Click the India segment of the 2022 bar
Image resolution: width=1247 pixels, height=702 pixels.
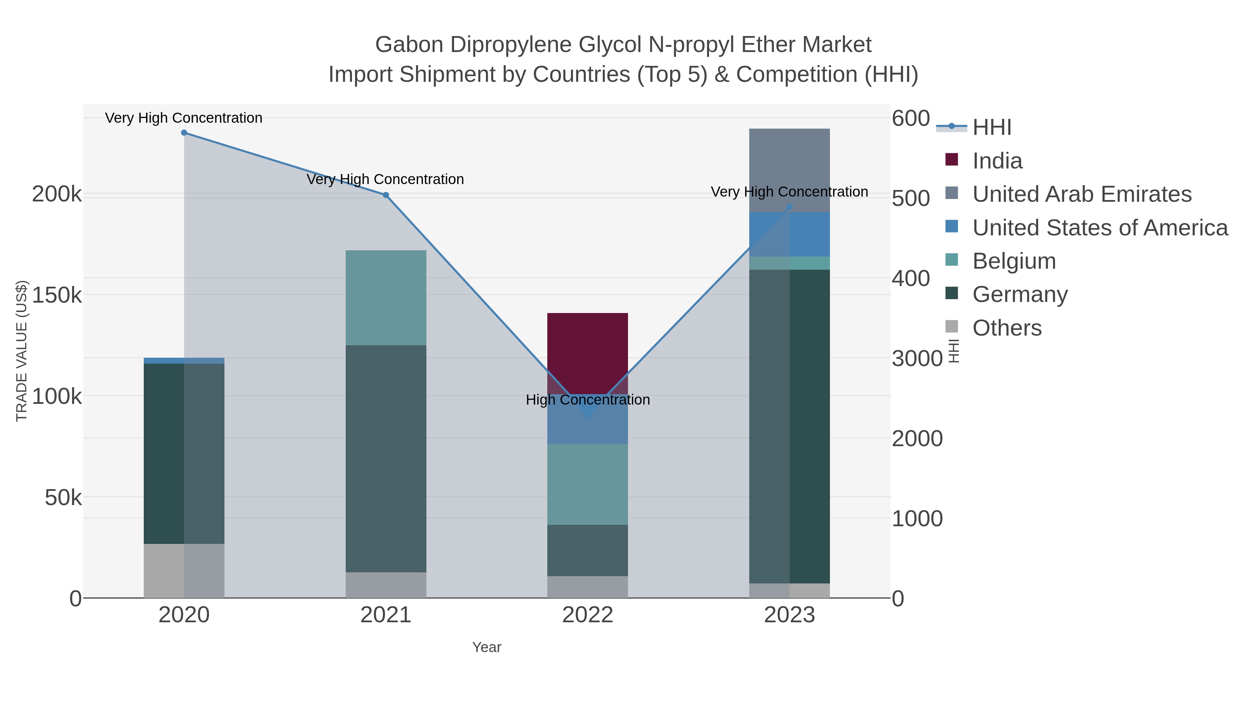coord(587,353)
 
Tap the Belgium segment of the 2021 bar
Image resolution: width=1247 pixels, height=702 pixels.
coord(386,297)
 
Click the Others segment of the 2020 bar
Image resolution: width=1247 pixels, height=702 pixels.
coord(184,570)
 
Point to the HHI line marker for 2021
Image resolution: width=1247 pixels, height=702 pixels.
coord(386,195)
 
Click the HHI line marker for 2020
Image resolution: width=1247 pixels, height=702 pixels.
coord(184,133)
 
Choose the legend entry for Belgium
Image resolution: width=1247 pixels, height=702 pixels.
coord(1014,261)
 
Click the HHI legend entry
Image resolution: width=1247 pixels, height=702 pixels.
coord(991,128)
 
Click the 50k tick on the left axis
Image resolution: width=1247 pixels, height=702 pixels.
coord(63,497)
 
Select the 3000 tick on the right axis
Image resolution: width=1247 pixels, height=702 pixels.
coord(916,358)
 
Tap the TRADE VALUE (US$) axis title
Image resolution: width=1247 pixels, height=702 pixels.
coord(22,351)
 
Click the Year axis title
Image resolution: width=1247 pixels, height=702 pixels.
coord(487,647)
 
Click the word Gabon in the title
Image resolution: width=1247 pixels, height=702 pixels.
coord(409,45)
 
